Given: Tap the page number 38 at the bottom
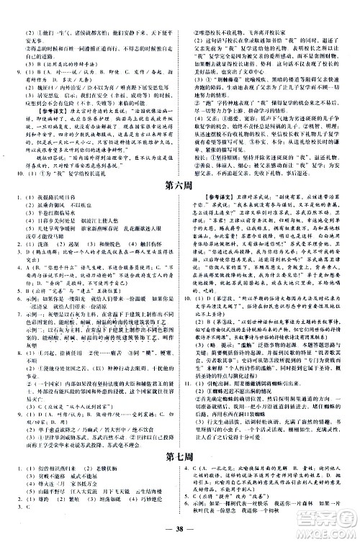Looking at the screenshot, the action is (x=179, y=533).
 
